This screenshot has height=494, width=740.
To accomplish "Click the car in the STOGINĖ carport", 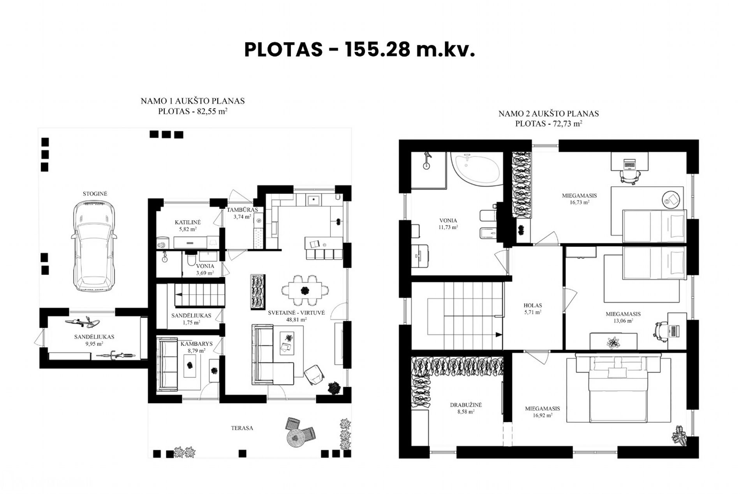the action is [x=95, y=246].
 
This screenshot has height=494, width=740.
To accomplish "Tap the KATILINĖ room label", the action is [x=188, y=222].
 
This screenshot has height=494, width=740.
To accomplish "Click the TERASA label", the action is [x=242, y=428].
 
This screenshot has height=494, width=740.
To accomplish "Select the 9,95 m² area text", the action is [x=94, y=344].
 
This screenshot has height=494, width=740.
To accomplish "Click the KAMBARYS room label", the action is [x=196, y=344].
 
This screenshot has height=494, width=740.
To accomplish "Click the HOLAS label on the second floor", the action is [x=533, y=306].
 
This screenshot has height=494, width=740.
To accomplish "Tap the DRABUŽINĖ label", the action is [x=466, y=405].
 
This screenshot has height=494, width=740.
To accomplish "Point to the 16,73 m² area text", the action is [x=580, y=202].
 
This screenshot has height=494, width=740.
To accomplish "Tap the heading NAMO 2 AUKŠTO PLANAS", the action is [x=548, y=114].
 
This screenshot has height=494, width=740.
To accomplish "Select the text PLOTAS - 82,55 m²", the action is [x=193, y=111].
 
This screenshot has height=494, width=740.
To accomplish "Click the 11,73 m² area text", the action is [x=448, y=227].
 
